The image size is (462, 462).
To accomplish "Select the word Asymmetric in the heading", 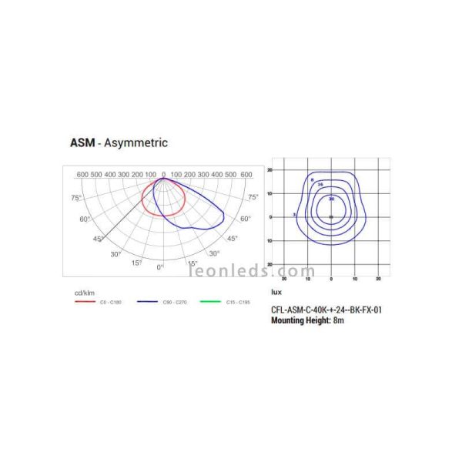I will click(136, 142).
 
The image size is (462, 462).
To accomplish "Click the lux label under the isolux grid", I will click(276, 293).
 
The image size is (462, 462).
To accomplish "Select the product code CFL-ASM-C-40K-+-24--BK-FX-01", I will click(326, 310).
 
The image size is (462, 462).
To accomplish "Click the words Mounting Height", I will click(301, 320).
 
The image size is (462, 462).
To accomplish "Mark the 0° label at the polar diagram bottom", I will click(160, 267).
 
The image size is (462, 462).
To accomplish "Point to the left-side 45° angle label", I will click(98, 239).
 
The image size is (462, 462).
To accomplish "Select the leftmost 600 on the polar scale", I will click(83, 175).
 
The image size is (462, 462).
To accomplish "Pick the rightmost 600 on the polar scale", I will click(246, 175).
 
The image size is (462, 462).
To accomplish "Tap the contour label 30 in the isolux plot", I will click(331, 199).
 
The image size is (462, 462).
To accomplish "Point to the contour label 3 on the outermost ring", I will click(295, 214).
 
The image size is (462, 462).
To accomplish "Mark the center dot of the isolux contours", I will click(331, 217).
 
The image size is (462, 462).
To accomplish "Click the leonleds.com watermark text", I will click(252, 271).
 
